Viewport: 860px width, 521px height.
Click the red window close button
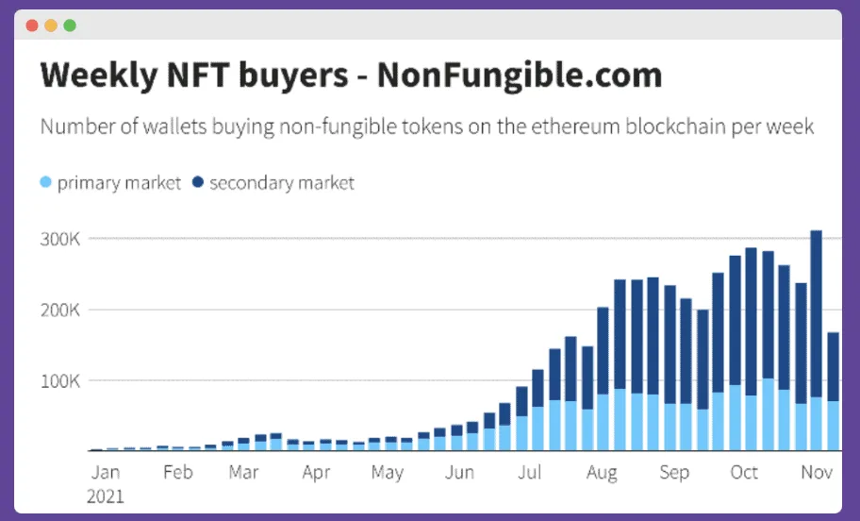32,25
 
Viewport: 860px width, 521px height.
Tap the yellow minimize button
51,25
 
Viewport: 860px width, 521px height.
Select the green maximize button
70,25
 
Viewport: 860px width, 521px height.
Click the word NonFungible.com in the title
520,76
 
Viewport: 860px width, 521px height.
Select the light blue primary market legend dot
46,182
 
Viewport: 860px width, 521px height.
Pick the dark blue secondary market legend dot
198,182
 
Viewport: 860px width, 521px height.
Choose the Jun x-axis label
459,472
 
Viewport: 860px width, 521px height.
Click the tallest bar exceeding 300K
817,340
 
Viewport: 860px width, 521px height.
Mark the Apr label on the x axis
316,472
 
